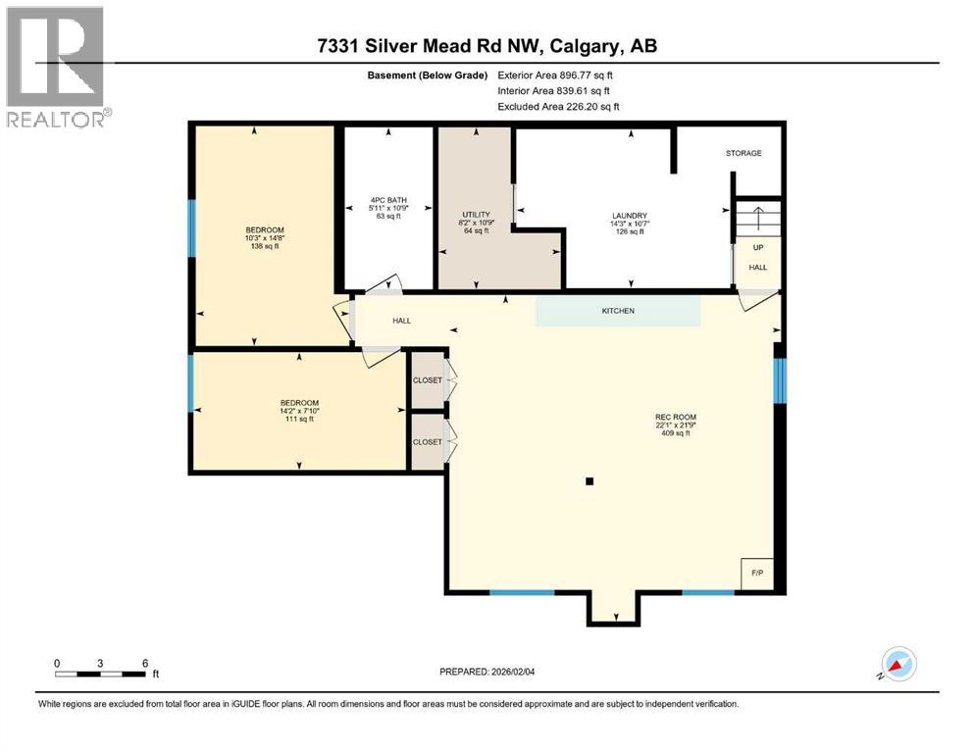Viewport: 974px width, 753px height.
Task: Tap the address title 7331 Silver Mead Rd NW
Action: click(487, 47)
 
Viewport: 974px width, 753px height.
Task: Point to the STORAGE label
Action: click(743, 153)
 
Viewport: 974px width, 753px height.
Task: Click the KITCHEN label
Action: click(618, 311)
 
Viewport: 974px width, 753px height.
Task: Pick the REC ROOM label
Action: click(675, 425)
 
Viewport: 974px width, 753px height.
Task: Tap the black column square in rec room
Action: click(589, 481)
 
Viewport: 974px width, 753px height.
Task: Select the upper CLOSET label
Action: click(427, 380)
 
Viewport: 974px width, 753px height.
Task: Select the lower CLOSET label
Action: click(427, 442)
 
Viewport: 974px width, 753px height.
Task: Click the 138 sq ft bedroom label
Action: click(264, 238)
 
